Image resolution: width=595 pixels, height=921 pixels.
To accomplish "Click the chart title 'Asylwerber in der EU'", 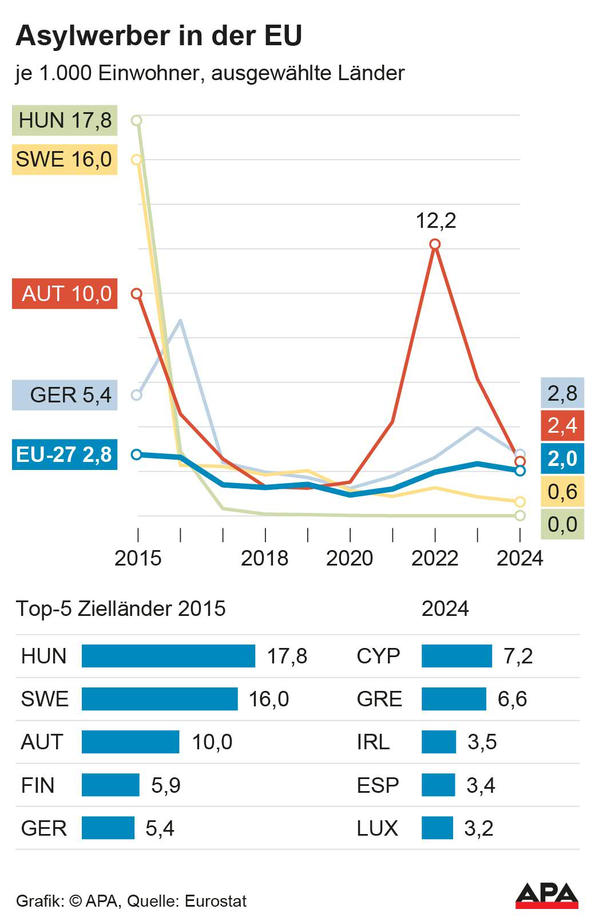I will tap(159, 35).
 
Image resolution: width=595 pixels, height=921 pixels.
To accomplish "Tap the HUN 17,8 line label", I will tap(65, 120).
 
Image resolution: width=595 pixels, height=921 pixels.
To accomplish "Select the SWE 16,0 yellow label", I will tap(65, 159).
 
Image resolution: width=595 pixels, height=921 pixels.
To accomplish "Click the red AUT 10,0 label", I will tap(65, 294).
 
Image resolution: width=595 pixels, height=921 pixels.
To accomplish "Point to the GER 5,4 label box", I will tap(65, 395).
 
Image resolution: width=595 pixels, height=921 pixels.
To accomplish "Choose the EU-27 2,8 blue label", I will tap(65, 454).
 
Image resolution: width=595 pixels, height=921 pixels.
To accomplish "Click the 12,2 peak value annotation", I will tap(436, 220).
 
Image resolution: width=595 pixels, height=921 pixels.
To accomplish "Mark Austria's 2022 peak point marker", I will tap(435, 244).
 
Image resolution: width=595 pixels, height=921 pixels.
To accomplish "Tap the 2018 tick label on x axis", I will tap(264, 558).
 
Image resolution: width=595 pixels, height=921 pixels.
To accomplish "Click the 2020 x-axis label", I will tap(350, 558).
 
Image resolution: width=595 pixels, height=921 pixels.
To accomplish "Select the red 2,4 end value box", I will tap(562, 425).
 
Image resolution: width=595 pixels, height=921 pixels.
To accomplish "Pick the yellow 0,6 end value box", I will tap(562, 492).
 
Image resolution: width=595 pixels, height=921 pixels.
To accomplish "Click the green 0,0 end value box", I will tap(562, 524).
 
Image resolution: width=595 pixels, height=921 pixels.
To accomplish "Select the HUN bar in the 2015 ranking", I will tap(168, 656).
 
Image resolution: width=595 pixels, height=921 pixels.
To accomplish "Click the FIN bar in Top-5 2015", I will tap(110, 785).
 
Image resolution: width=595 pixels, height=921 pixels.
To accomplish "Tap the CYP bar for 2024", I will tap(457, 656).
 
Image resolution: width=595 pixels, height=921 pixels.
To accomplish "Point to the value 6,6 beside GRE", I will tap(512, 699).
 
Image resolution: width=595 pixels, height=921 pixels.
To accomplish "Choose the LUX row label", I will tap(377, 828).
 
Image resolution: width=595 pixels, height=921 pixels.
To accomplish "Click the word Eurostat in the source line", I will tap(216, 901).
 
